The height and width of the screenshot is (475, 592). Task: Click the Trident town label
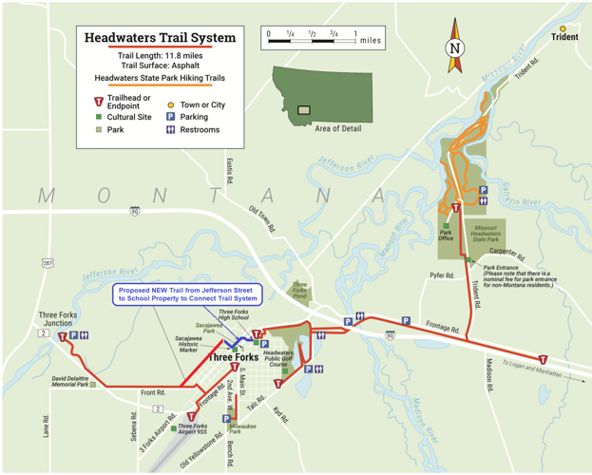pos(563,38)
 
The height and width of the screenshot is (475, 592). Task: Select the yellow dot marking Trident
pos(563,28)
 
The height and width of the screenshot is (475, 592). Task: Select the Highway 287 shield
pos(47,261)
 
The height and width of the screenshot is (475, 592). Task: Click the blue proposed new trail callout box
pos(185,294)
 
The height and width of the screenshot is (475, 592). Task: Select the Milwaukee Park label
pos(241,429)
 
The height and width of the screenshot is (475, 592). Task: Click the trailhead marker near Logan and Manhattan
pos(543,360)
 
